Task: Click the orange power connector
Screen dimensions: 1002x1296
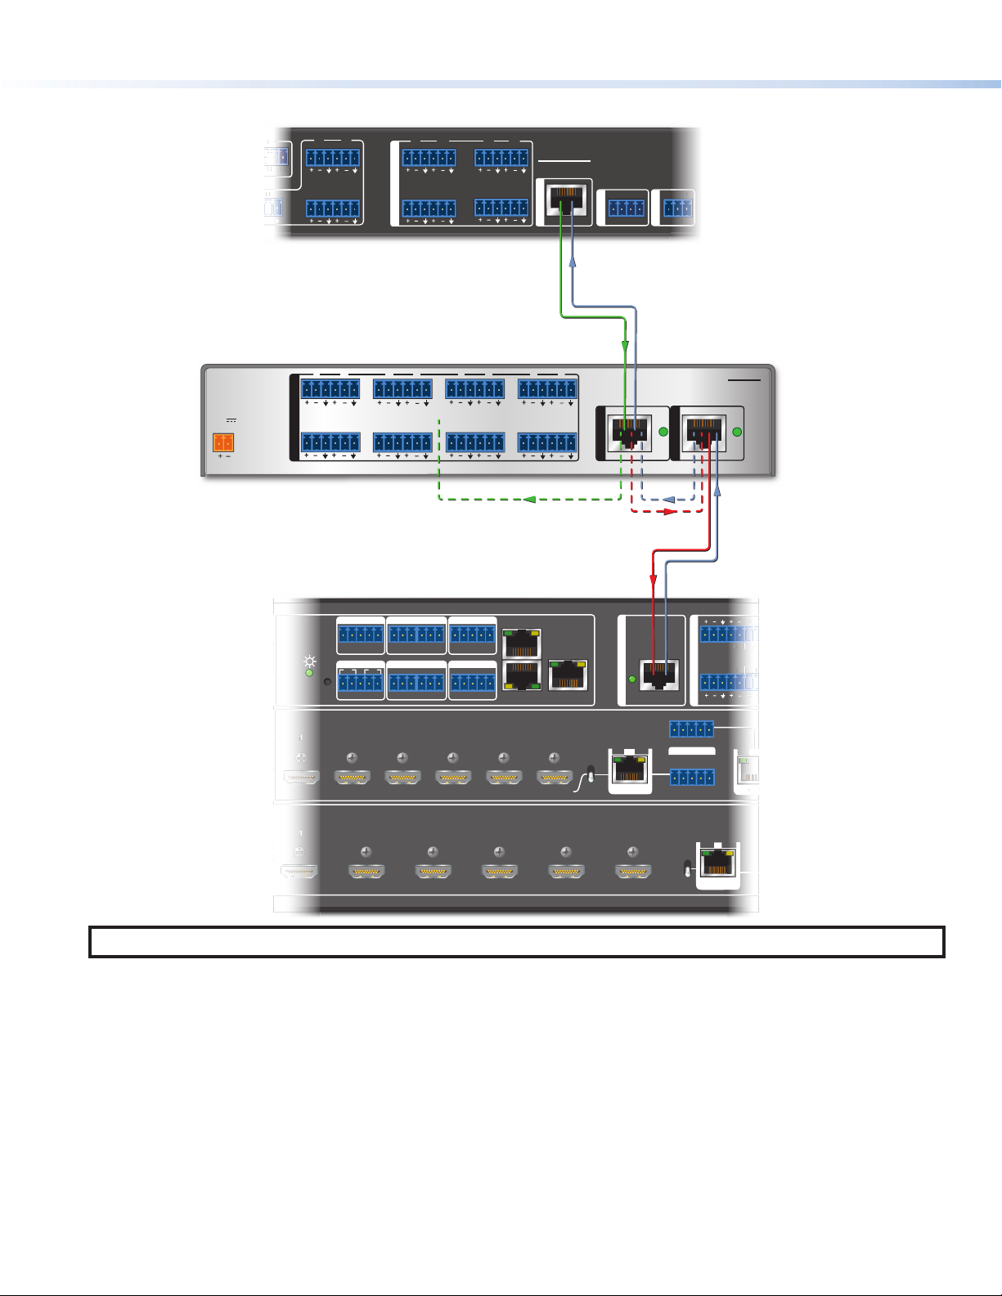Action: [x=223, y=442]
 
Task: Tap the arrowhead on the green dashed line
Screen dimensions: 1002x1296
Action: [x=529, y=500]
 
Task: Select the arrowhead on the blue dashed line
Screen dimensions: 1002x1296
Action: [x=668, y=500]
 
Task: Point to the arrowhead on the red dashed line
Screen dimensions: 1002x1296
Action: [x=671, y=511]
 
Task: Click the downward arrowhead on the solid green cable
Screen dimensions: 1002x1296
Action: [x=624, y=346]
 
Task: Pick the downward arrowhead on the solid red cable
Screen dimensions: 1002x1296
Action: [x=653, y=580]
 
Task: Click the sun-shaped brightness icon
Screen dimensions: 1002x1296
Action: [x=309, y=661]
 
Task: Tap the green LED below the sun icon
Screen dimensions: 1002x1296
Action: [x=309, y=673]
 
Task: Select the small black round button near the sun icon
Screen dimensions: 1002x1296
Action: [x=327, y=681]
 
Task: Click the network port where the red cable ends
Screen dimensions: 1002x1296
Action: [x=658, y=675]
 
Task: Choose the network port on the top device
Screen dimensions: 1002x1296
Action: [x=564, y=201]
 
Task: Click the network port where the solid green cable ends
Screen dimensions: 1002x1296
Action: [x=630, y=432]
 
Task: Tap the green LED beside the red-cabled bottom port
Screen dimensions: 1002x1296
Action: [x=632, y=679]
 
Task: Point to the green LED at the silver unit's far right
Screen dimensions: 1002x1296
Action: [x=737, y=432]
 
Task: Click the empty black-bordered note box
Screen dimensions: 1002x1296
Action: [x=516, y=942]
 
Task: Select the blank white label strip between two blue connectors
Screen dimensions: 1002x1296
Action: [x=692, y=751]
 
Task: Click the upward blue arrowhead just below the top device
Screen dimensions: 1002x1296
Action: [x=573, y=262]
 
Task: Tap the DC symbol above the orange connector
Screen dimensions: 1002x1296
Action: [x=231, y=420]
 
